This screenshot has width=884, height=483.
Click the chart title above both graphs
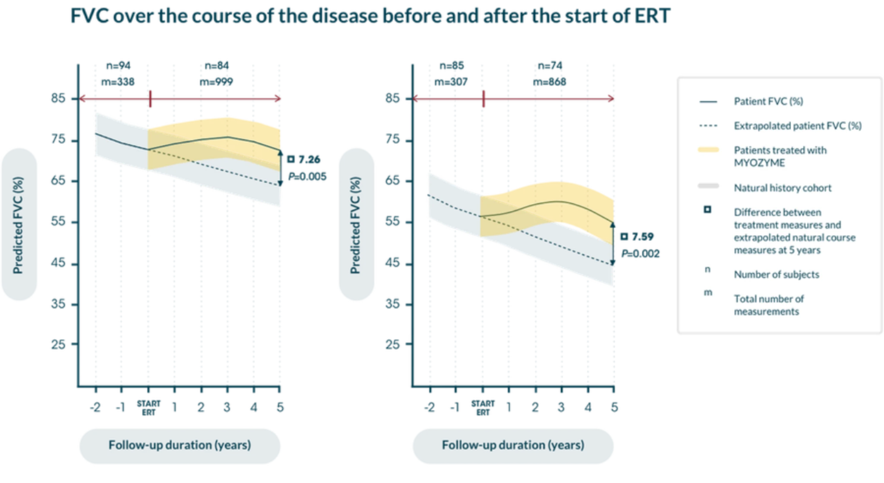click(x=370, y=16)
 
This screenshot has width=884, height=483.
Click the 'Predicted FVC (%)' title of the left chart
click(x=18, y=225)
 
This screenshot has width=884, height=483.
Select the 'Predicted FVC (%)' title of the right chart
click(x=355, y=225)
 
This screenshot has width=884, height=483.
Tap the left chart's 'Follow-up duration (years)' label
click(x=180, y=445)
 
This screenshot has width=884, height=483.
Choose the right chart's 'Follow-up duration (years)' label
click(x=513, y=445)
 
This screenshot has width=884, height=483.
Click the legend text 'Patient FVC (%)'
click(x=768, y=102)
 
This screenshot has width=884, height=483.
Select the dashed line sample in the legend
click(x=708, y=126)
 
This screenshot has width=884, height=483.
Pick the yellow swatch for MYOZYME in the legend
click(x=708, y=150)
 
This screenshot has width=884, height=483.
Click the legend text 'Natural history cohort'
click(x=783, y=188)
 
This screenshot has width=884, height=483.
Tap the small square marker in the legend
click(x=707, y=210)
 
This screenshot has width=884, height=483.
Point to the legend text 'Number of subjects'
click(x=777, y=274)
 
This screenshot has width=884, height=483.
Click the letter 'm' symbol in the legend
click(x=707, y=292)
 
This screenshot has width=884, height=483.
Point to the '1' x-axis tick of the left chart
click(x=174, y=407)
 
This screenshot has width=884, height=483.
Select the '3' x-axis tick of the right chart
click(x=561, y=407)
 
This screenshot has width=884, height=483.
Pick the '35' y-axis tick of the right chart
click(x=392, y=304)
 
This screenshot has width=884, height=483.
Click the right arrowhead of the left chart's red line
click(x=279, y=99)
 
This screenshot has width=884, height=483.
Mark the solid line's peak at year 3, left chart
click(x=227, y=137)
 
